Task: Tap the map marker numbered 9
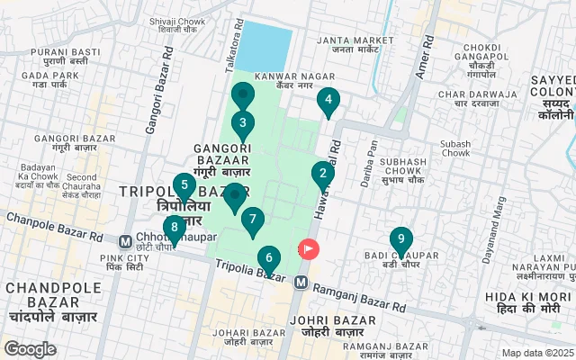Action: click(401, 240)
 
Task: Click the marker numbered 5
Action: click(184, 187)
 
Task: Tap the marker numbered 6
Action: click(268, 259)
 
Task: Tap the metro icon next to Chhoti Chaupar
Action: click(125, 241)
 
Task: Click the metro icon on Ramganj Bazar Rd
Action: click(301, 283)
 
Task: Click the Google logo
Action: click(30, 348)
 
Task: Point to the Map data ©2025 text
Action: click(536, 353)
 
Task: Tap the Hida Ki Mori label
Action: click(527, 302)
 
